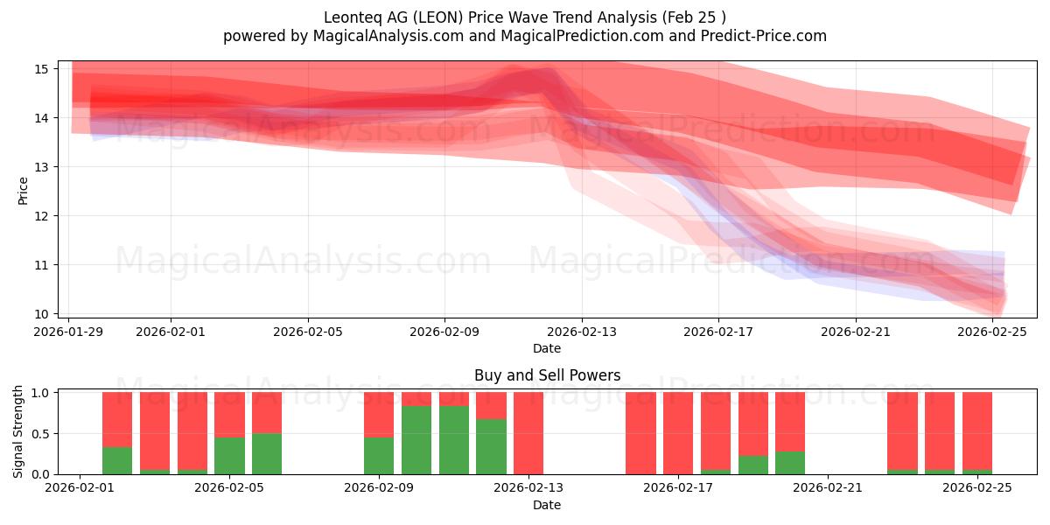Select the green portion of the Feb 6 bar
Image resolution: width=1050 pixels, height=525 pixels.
tap(267, 453)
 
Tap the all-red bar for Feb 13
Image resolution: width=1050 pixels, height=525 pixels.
tap(528, 433)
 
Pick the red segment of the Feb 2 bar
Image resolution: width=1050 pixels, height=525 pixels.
tap(117, 419)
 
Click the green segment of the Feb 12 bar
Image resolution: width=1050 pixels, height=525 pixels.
tap(491, 446)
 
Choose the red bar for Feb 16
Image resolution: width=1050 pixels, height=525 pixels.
tap(640, 433)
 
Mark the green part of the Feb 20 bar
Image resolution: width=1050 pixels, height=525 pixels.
tap(790, 463)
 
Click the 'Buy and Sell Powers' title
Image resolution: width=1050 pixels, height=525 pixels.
tap(547, 375)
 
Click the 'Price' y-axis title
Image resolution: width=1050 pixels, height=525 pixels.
tap(23, 190)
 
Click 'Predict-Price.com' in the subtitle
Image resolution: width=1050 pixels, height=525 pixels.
tap(767, 36)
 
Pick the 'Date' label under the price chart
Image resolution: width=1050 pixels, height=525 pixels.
tap(547, 348)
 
